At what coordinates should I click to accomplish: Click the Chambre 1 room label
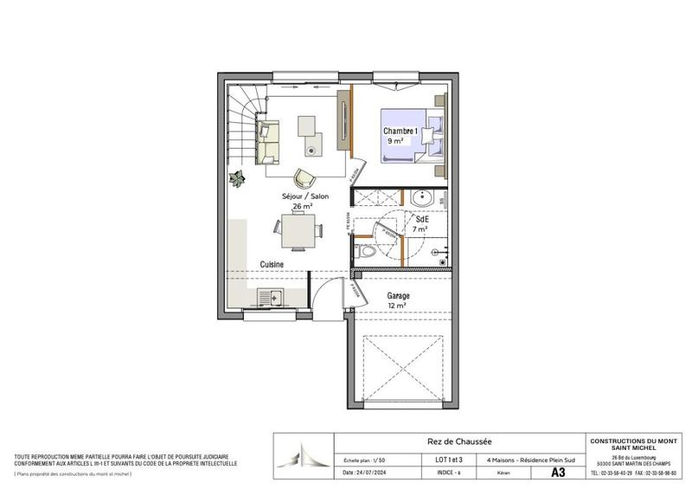401,131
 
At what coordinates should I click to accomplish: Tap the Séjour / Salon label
304,196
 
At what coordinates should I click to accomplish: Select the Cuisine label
272,264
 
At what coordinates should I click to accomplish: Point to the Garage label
399,295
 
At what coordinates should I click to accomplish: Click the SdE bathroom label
420,219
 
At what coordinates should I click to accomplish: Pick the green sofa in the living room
269,143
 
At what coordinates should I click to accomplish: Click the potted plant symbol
236,178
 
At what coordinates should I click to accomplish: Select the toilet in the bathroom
367,251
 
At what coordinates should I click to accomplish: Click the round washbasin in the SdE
423,196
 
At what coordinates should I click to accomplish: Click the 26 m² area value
302,207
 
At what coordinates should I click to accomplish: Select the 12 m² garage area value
398,306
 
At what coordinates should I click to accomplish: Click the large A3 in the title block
557,473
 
